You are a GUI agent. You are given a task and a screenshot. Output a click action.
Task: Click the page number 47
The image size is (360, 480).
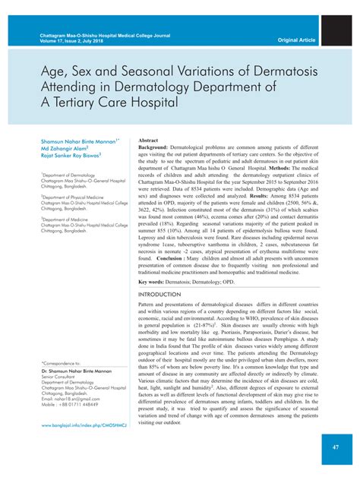334,448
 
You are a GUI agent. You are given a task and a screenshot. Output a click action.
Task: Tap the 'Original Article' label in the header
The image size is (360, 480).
298,39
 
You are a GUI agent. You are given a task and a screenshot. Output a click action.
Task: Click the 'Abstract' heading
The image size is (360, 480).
148,141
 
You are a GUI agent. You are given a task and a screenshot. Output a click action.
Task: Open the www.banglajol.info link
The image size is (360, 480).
83,425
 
